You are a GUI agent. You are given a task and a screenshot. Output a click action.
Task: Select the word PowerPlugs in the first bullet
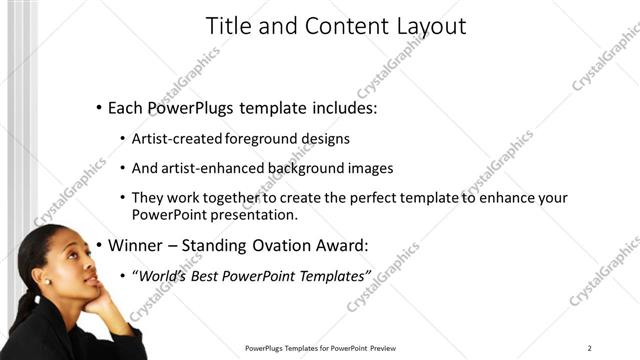(x=188, y=108)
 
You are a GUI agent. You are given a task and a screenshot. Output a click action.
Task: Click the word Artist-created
(x=177, y=138)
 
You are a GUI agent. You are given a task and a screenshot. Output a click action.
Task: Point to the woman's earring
(x=47, y=281)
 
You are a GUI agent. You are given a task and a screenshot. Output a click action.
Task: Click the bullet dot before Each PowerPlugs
(x=98, y=108)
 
